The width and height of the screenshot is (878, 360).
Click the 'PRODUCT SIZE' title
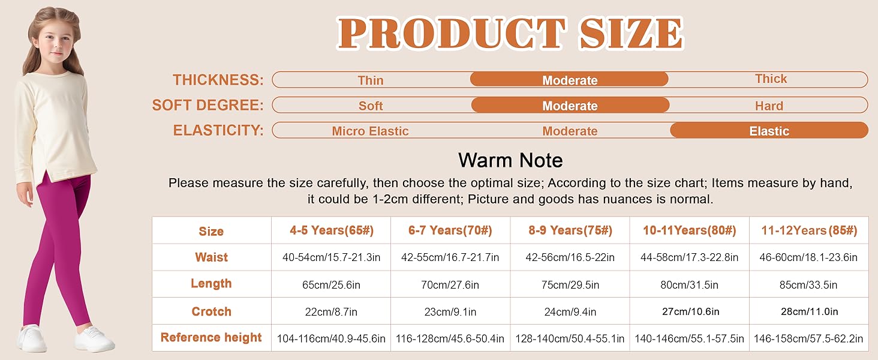[510, 34]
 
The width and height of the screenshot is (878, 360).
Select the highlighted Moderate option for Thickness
[570, 80]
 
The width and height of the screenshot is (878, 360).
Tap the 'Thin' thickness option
[371, 80]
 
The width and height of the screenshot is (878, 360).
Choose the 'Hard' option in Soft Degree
[769, 106]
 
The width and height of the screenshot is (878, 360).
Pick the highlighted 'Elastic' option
[769, 131]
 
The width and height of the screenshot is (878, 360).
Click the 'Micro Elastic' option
[370, 131]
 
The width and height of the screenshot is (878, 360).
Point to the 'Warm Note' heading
[510, 160]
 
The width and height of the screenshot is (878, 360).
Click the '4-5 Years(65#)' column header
[332, 230]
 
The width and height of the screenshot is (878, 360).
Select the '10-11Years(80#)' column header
[690, 230]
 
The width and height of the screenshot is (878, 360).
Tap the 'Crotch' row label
[211, 311]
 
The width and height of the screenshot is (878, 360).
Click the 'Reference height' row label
[211, 338]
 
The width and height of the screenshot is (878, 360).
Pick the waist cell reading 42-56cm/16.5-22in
[570, 257]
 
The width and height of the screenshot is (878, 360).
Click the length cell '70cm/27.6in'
[450, 285]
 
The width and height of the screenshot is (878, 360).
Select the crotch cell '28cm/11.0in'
[810, 312]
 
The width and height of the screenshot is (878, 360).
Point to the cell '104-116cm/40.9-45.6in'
[331, 338]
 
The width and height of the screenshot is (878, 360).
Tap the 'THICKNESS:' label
[218, 80]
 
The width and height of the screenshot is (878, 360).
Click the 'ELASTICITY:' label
[218, 130]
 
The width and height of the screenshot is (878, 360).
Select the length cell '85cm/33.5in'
[808, 285]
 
